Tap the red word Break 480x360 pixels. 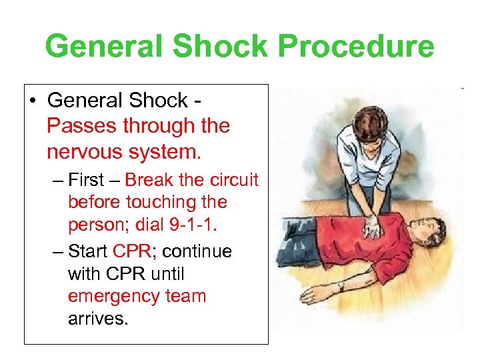(x=149, y=180)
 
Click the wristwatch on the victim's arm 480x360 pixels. (x=341, y=286)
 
